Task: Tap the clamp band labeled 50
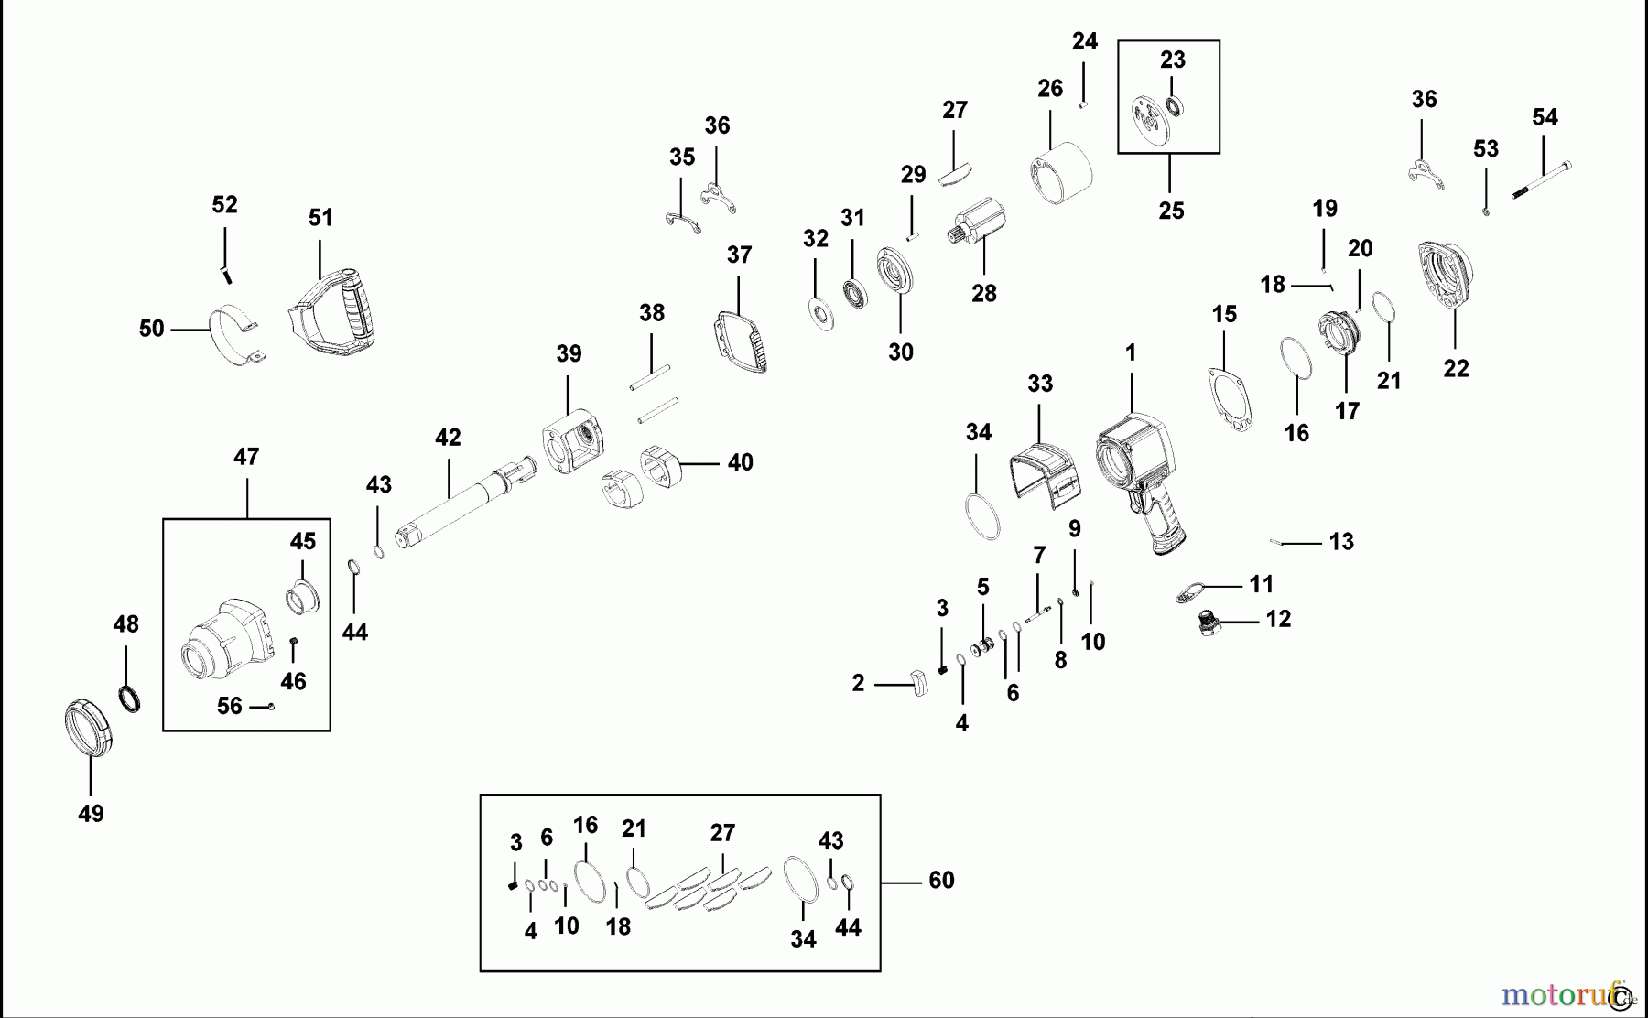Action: pyautogui.click(x=237, y=338)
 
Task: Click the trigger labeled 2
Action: pyautogui.click(x=918, y=682)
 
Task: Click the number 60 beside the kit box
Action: pyautogui.click(x=941, y=880)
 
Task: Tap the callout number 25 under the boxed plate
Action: pyautogui.click(x=1171, y=211)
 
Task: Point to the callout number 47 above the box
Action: pyautogui.click(x=246, y=457)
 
